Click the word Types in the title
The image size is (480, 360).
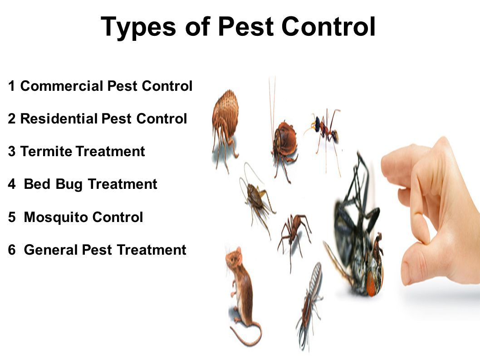pos(138,27)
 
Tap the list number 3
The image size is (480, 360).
pos(12,152)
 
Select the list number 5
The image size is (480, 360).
pos(12,217)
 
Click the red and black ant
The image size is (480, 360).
pos(326,129)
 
